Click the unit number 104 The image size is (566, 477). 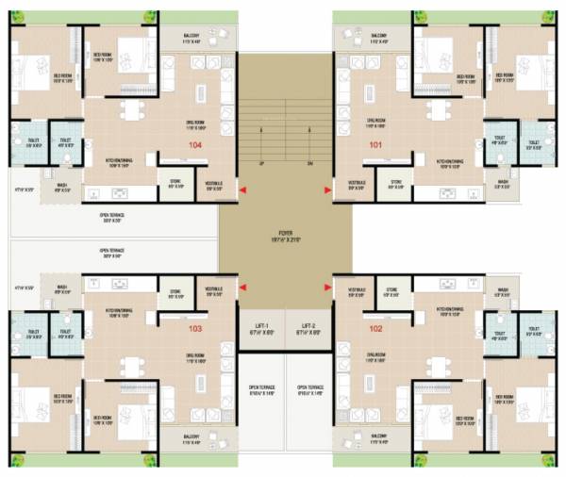coord(196,145)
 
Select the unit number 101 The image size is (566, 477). coord(375,145)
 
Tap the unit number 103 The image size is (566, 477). coord(195,329)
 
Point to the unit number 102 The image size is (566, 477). coord(375,329)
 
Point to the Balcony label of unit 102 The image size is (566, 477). coord(379,438)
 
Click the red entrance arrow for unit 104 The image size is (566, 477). coord(243,192)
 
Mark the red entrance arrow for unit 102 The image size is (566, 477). coord(326,281)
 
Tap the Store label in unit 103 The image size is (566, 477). coord(175,292)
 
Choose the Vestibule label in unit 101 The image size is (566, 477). coord(357,184)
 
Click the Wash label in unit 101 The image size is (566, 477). coord(503,184)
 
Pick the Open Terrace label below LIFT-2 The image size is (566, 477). coord(309,389)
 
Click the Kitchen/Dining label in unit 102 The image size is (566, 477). coord(450,311)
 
